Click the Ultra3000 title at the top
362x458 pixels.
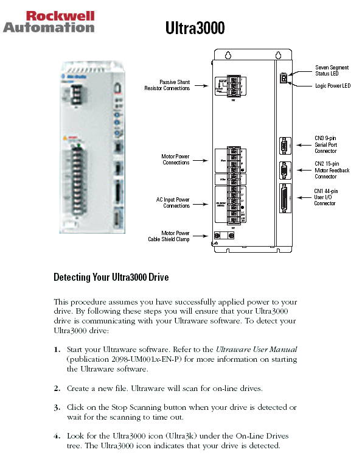point(195,29)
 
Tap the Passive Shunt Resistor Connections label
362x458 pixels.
point(167,85)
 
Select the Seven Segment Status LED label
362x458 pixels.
point(332,70)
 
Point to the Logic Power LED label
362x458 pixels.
point(332,86)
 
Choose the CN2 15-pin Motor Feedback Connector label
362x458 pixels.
point(332,170)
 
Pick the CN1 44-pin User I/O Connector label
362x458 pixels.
point(325,197)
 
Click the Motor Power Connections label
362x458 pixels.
point(176,160)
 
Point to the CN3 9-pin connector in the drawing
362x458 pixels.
point(284,146)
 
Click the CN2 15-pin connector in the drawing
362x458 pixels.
point(284,171)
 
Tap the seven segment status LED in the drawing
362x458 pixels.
point(283,78)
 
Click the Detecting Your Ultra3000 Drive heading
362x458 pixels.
point(111,277)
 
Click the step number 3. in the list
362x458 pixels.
point(57,407)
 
